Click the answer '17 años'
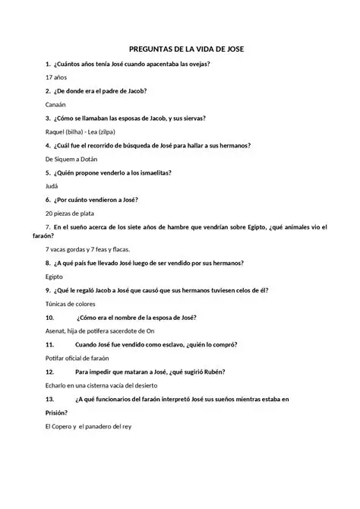[x=56, y=77]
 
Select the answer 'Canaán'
[x=56, y=105]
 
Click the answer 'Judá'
[x=52, y=186]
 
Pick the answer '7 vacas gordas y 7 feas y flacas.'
[x=99, y=249]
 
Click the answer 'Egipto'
[x=55, y=277]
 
